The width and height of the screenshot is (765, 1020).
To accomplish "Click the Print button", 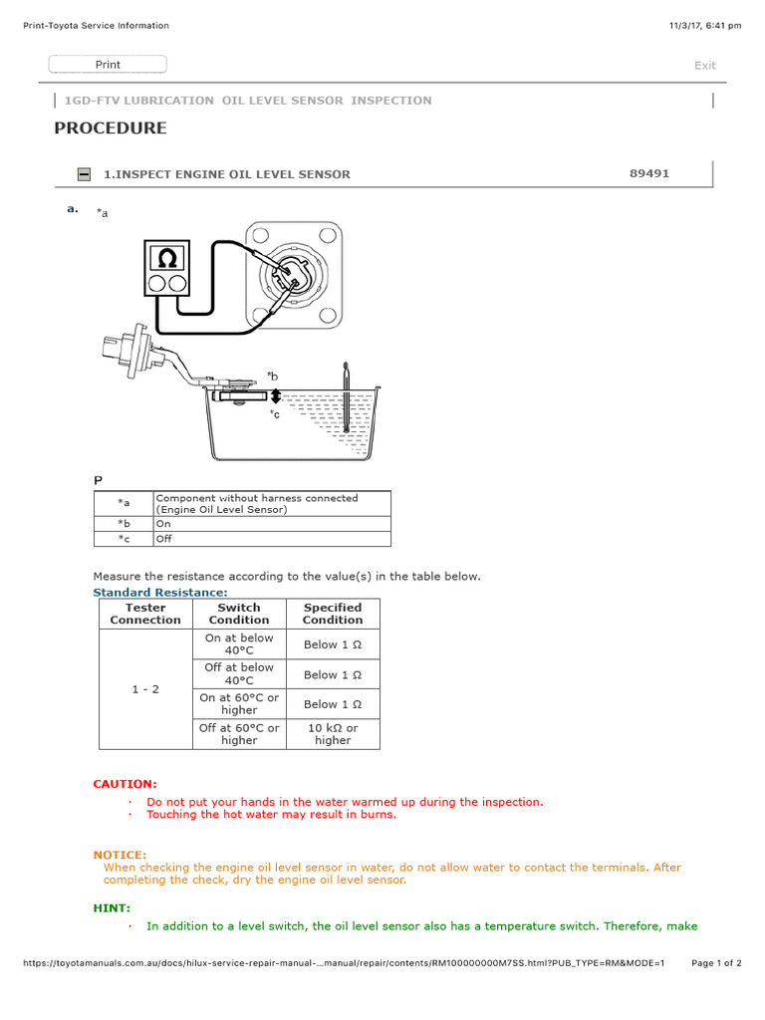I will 108,65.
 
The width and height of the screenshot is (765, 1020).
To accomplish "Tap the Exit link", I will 704,66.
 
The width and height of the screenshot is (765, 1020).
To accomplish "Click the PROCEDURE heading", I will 111,128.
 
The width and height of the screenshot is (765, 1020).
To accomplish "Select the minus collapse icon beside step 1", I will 85,174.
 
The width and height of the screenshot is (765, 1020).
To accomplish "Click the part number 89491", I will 649,173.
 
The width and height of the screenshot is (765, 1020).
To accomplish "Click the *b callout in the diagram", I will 272,376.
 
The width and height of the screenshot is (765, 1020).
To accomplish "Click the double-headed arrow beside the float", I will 276,396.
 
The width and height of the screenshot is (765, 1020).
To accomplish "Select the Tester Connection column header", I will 145,614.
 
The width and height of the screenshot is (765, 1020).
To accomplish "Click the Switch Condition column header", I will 239,614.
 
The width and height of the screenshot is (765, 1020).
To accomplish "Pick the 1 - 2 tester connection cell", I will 145,689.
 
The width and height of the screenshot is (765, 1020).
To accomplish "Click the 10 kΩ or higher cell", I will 333,734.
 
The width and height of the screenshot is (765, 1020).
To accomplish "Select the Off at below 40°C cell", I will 239,674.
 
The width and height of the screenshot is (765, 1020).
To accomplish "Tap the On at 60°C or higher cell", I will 239,704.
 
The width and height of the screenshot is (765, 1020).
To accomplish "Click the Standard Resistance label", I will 160,593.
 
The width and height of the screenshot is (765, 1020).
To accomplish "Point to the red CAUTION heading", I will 125,784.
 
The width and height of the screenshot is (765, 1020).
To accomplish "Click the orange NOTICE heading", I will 120,855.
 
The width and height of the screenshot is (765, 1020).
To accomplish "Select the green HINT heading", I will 112,908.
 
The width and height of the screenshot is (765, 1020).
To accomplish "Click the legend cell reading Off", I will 162,538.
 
